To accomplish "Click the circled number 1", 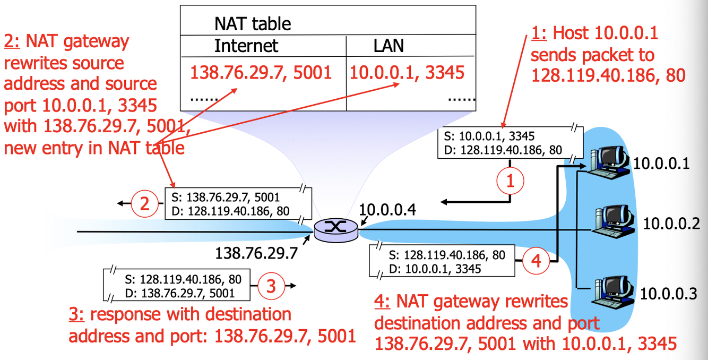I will pyautogui.click(x=510, y=181).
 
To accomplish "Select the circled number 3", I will pyautogui.click(x=271, y=286).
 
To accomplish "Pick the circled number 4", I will pyautogui.click(x=536, y=261).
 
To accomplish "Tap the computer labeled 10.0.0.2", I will pyautogui.click(x=612, y=220).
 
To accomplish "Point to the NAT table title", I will pyautogui.click(x=253, y=23).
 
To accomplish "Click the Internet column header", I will pyautogui.click(x=246, y=46).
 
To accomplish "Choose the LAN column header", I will pyautogui.click(x=388, y=46).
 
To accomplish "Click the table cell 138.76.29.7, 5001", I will pyautogui.click(x=261, y=72).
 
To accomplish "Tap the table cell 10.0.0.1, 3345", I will pyautogui.click(x=407, y=72).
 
